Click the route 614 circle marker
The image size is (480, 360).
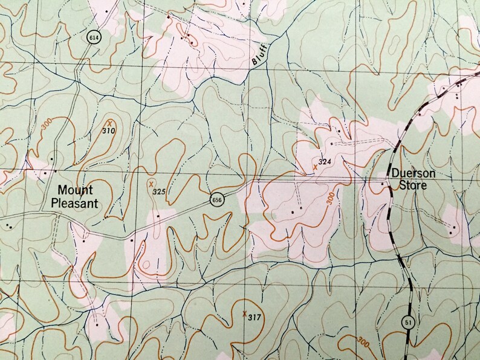(92, 36)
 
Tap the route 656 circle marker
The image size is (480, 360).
(217, 200)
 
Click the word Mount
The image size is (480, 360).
(76, 190)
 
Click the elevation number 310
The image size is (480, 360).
(109, 130)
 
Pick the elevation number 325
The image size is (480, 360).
(158, 192)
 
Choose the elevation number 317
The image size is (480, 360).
(254, 317)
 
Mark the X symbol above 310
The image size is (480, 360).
(110, 122)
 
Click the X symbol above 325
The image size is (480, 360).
(151, 183)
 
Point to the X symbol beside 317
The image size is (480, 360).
(244, 313)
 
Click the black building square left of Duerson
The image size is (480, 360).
(383, 183)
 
